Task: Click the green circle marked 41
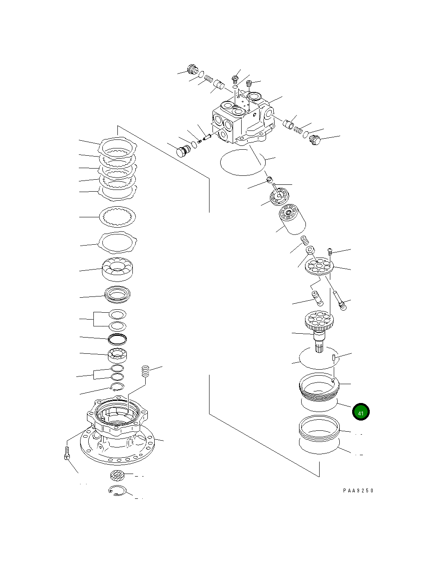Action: (360, 412)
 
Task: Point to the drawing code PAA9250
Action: (358, 491)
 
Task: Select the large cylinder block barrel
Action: (291, 220)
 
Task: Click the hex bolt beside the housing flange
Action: (67, 453)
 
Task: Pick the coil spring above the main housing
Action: (146, 371)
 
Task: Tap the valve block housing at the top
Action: (242, 120)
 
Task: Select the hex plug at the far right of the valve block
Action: (315, 140)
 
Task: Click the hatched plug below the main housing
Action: (117, 475)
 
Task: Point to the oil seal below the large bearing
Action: (118, 294)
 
